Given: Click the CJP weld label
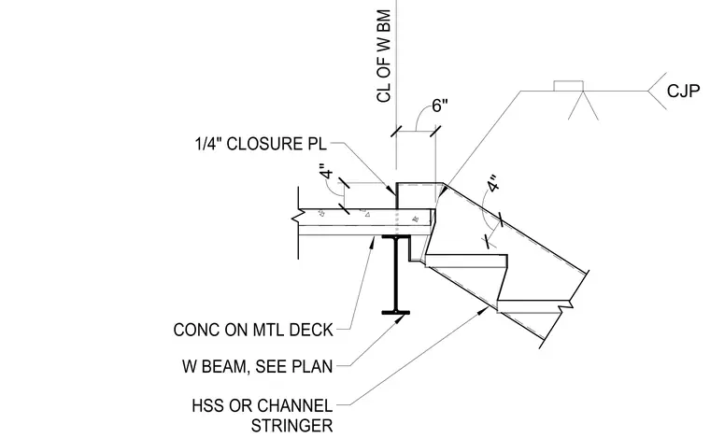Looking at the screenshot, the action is (x=683, y=92).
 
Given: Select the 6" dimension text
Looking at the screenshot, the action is (x=440, y=106).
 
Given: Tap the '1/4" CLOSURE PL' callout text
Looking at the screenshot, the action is (x=261, y=144).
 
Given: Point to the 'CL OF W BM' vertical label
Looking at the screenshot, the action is (x=383, y=56).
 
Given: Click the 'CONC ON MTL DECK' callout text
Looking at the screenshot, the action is (x=253, y=330).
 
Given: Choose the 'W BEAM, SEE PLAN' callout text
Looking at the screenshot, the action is (x=258, y=366).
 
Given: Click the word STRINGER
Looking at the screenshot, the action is (x=292, y=426).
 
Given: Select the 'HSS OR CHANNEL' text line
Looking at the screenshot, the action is (x=263, y=405).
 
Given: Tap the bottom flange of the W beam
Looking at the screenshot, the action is (x=396, y=312).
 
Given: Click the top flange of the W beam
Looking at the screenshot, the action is (x=396, y=236).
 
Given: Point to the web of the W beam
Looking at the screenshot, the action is (x=396, y=275).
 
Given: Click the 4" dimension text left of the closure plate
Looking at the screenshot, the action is (x=327, y=174).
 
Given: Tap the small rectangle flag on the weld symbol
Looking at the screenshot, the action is (x=568, y=86).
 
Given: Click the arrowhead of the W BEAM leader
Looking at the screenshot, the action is (x=400, y=319).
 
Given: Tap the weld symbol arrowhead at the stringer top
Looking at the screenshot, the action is (x=443, y=191).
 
